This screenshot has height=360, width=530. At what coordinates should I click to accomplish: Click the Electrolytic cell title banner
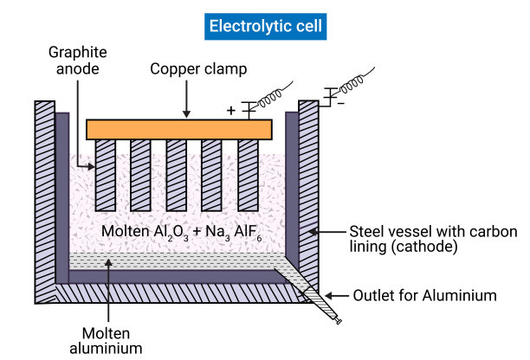[264, 26]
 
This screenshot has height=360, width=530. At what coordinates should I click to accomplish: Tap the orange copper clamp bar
[179, 129]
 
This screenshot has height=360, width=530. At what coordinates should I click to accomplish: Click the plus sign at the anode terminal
[231, 111]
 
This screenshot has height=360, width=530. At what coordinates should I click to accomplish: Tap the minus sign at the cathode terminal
[339, 103]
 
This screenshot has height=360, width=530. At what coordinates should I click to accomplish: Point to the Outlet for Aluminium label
[424, 295]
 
